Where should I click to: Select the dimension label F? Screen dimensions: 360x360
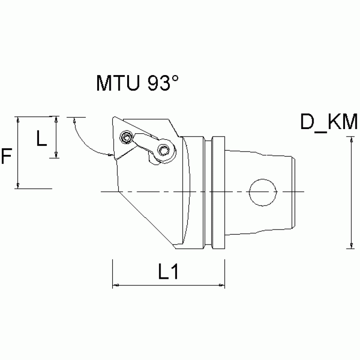pos(6,156)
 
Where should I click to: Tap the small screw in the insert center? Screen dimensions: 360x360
pos(126,138)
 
